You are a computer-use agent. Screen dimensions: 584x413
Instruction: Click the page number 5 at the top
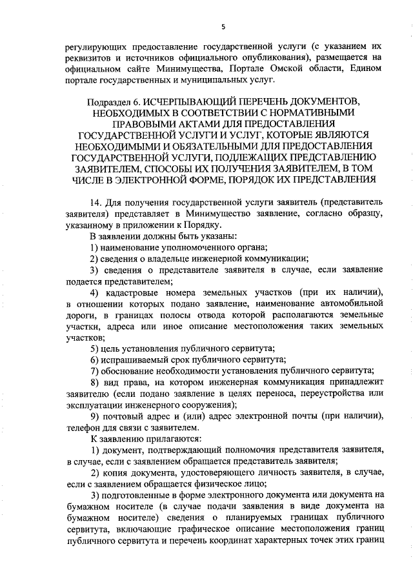coord(223,26)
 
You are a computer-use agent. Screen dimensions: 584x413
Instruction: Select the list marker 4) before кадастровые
coord(95,291)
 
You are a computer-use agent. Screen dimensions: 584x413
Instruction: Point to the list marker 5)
coord(95,349)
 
